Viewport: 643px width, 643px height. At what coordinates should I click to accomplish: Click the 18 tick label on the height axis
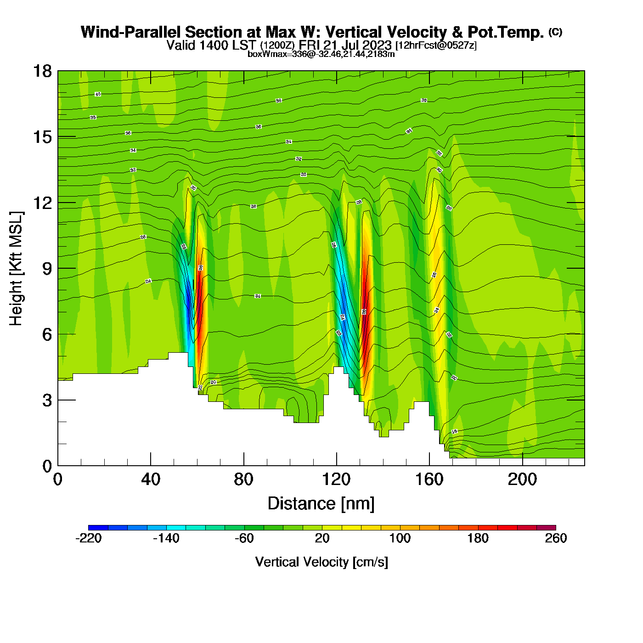[42, 71]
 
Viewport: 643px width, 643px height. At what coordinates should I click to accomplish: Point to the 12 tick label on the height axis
[42, 203]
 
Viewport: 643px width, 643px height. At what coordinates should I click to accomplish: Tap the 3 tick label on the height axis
[47, 400]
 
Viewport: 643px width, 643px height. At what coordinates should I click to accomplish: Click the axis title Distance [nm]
[321, 504]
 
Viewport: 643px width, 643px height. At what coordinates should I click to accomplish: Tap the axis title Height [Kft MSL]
[17, 269]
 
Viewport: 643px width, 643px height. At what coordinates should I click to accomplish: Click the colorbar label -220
[88, 538]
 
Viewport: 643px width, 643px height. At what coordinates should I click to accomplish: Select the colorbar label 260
[556, 538]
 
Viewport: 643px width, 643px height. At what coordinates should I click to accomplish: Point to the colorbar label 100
[400, 538]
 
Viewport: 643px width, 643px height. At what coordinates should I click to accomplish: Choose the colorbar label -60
[244, 538]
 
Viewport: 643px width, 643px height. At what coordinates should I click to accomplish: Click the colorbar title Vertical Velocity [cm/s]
[321, 562]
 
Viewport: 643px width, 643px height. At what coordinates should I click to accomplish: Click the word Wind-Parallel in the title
[131, 32]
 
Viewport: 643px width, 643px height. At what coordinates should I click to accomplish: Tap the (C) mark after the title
[555, 32]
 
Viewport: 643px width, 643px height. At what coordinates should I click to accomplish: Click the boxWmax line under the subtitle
[321, 54]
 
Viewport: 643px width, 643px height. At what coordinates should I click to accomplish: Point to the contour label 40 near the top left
[97, 94]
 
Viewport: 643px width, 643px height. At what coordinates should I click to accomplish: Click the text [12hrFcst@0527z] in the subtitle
[436, 45]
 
